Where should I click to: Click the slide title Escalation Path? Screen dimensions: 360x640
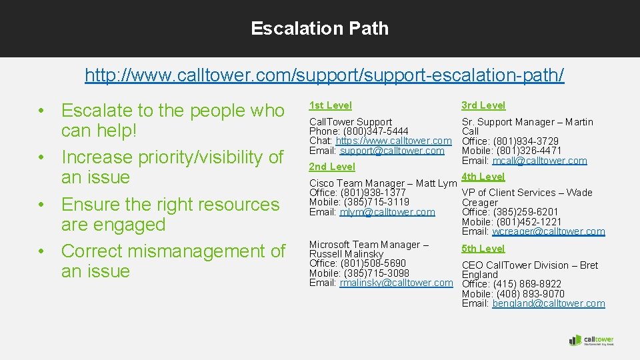coord(319,28)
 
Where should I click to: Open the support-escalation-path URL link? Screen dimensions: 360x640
coord(324,75)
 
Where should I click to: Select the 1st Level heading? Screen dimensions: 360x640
coord(330,105)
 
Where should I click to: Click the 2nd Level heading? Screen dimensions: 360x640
coord(332,167)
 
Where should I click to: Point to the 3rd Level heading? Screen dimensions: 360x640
coord(483,105)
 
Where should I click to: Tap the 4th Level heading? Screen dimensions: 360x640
coord(483,177)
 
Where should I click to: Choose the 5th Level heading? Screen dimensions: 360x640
coord(483,249)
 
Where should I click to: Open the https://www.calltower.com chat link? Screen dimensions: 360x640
coord(394,141)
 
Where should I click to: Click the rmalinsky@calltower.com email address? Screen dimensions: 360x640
coord(396,283)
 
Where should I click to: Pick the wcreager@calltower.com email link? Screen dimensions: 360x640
coord(548,231)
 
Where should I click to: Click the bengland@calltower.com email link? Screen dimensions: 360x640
coord(548,303)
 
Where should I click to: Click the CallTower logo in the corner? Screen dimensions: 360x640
coord(591,340)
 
